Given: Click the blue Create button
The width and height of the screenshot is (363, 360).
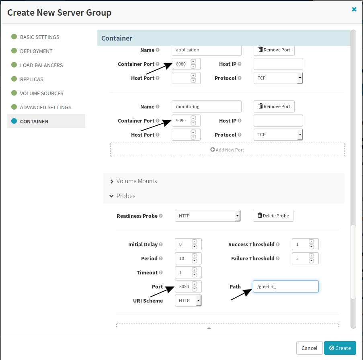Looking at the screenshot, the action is [x=340, y=348].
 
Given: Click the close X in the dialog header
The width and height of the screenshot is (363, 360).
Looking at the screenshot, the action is [x=354, y=9].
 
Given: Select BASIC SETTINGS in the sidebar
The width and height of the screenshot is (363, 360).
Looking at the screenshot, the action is [x=39, y=37].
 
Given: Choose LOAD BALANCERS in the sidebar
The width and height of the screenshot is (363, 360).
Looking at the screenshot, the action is [x=41, y=65].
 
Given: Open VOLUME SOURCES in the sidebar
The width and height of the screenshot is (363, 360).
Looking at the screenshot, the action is [x=42, y=93].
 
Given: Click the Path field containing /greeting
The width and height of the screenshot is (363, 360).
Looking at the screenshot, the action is [x=286, y=286].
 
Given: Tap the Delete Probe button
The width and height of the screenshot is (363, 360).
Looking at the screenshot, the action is [x=273, y=216].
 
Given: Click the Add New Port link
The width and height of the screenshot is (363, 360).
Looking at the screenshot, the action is [x=227, y=150].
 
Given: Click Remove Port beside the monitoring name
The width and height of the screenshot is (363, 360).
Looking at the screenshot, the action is [x=274, y=106].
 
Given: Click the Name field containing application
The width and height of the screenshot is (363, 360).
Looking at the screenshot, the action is [x=207, y=50].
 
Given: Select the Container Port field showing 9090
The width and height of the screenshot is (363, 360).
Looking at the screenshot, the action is [x=186, y=121].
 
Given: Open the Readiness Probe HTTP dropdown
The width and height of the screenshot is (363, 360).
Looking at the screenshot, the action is [x=208, y=216].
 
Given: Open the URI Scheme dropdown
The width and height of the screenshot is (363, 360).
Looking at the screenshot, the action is [x=188, y=301].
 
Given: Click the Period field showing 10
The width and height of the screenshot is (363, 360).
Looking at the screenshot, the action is [x=188, y=258].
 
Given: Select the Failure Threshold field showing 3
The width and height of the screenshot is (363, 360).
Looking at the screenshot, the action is [x=305, y=258].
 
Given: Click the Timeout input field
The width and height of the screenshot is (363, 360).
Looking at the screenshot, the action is [x=188, y=272].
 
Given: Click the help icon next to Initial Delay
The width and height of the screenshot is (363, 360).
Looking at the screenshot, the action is [x=161, y=244].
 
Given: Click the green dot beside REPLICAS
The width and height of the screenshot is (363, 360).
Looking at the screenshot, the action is [x=14, y=79].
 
